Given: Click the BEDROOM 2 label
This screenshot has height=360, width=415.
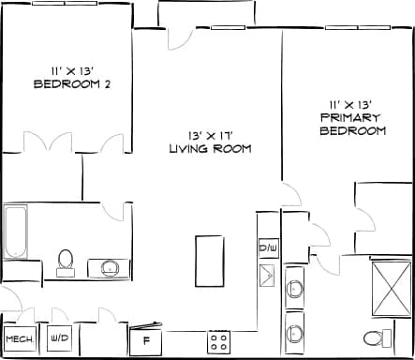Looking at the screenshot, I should [x=72, y=83].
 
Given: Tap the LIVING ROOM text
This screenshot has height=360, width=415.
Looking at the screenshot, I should [x=209, y=149].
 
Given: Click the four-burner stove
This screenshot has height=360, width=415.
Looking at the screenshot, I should [x=220, y=340].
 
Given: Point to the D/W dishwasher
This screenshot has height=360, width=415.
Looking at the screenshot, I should [x=268, y=248].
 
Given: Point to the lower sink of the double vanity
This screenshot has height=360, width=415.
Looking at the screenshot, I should [x=293, y=333].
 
